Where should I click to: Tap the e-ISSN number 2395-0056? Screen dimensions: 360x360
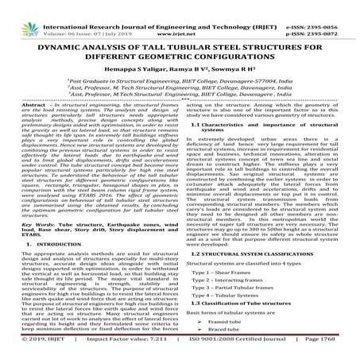[x=337, y=6]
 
